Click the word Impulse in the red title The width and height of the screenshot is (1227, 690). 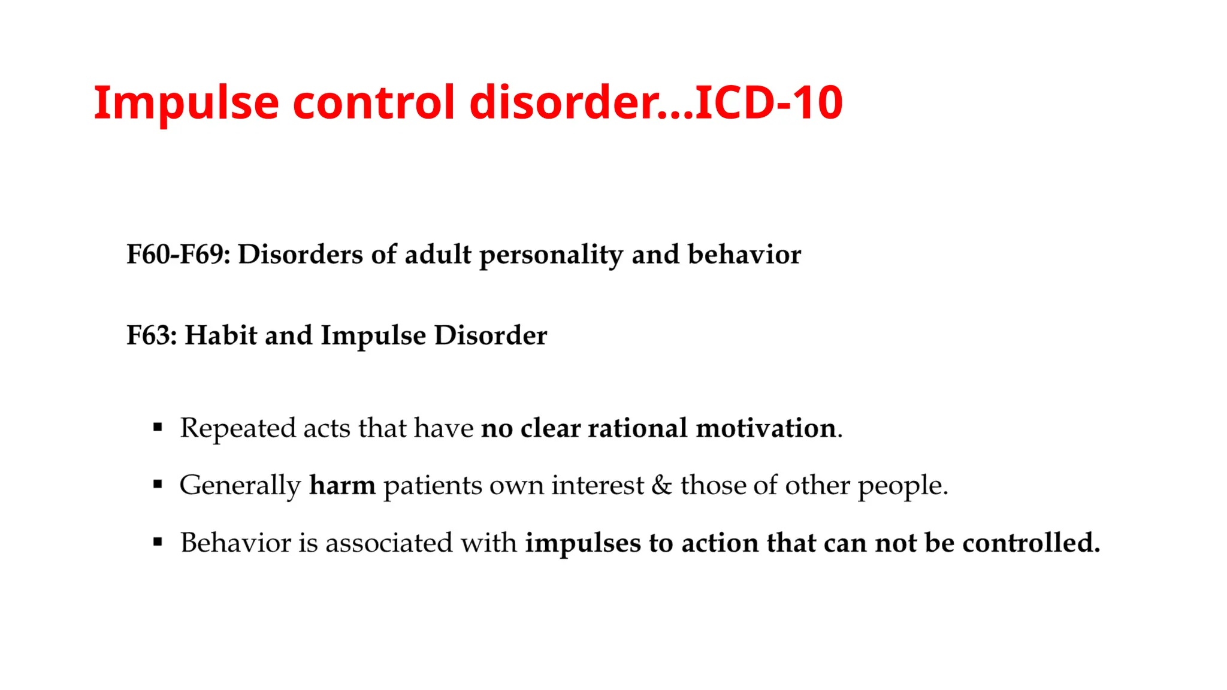click(186, 103)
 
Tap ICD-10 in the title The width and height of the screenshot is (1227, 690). click(769, 103)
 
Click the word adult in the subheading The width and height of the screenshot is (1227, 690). click(438, 255)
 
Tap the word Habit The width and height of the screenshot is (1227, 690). click(220, 335)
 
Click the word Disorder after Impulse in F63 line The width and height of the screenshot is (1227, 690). click(490, 335)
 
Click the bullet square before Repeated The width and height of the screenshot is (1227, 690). click(158, 428)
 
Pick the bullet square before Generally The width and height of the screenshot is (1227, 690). click(158, 485)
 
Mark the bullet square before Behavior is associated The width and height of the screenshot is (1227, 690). click(158, 543)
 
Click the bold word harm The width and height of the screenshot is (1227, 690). click(342, 485)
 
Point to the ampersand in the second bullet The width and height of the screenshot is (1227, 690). click(661, 485)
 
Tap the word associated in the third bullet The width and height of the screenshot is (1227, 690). click(388, 543)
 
